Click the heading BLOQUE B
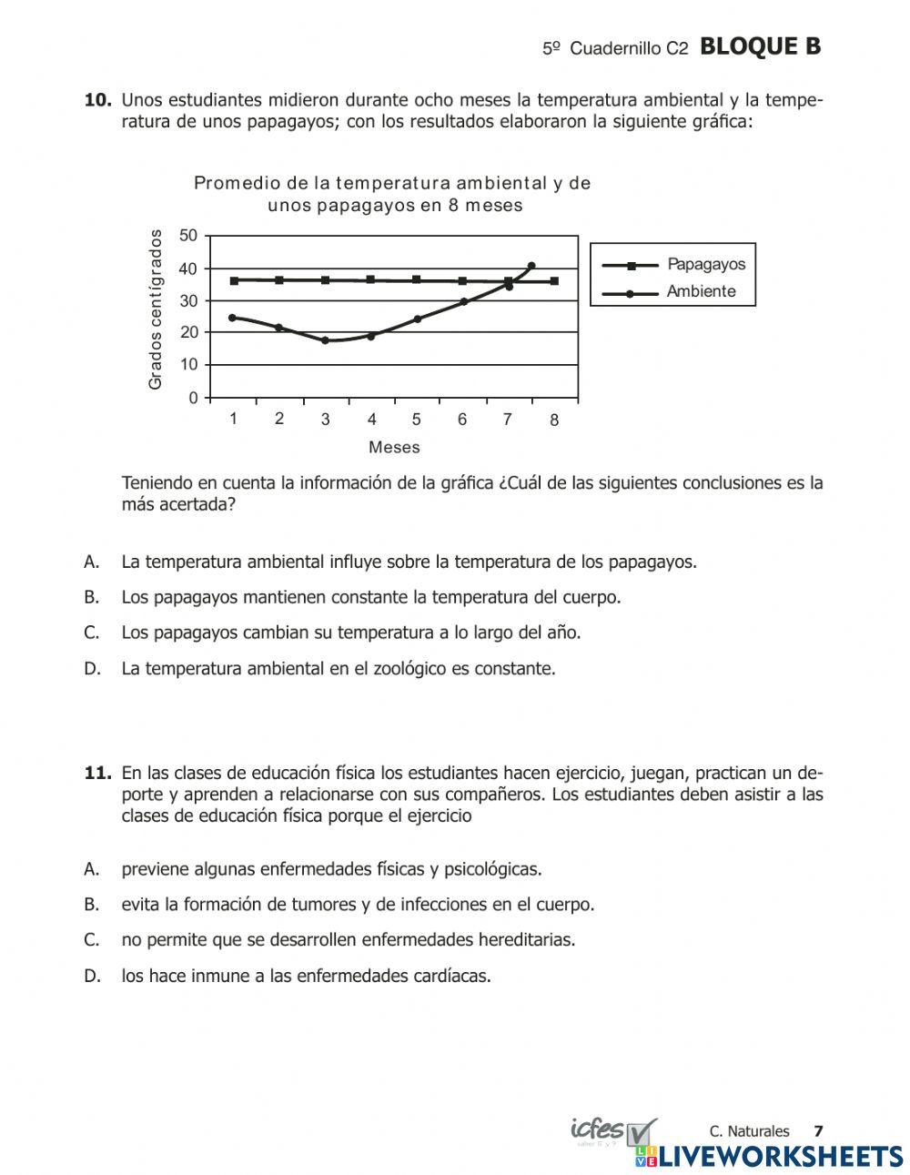pos(761,47)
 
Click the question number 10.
pos(97,100)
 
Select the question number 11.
pos(97,774)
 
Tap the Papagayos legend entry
pos(705,265)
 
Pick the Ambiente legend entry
pos(701,292)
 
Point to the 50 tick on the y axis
pos(188,236)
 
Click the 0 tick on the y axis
pos(193,398)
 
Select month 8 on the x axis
pos(554,420)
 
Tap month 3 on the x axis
pos(325,420)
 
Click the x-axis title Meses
pos(394,448)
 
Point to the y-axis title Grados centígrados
pos(156,309)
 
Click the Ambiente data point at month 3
pos(325,340)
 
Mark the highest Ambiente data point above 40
pos(531,266)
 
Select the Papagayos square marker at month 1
pos(234,280)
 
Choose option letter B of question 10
pos(91,598)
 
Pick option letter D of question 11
pos(91,977)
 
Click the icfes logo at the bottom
pos(601,1131)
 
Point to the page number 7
pos(818,1131)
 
